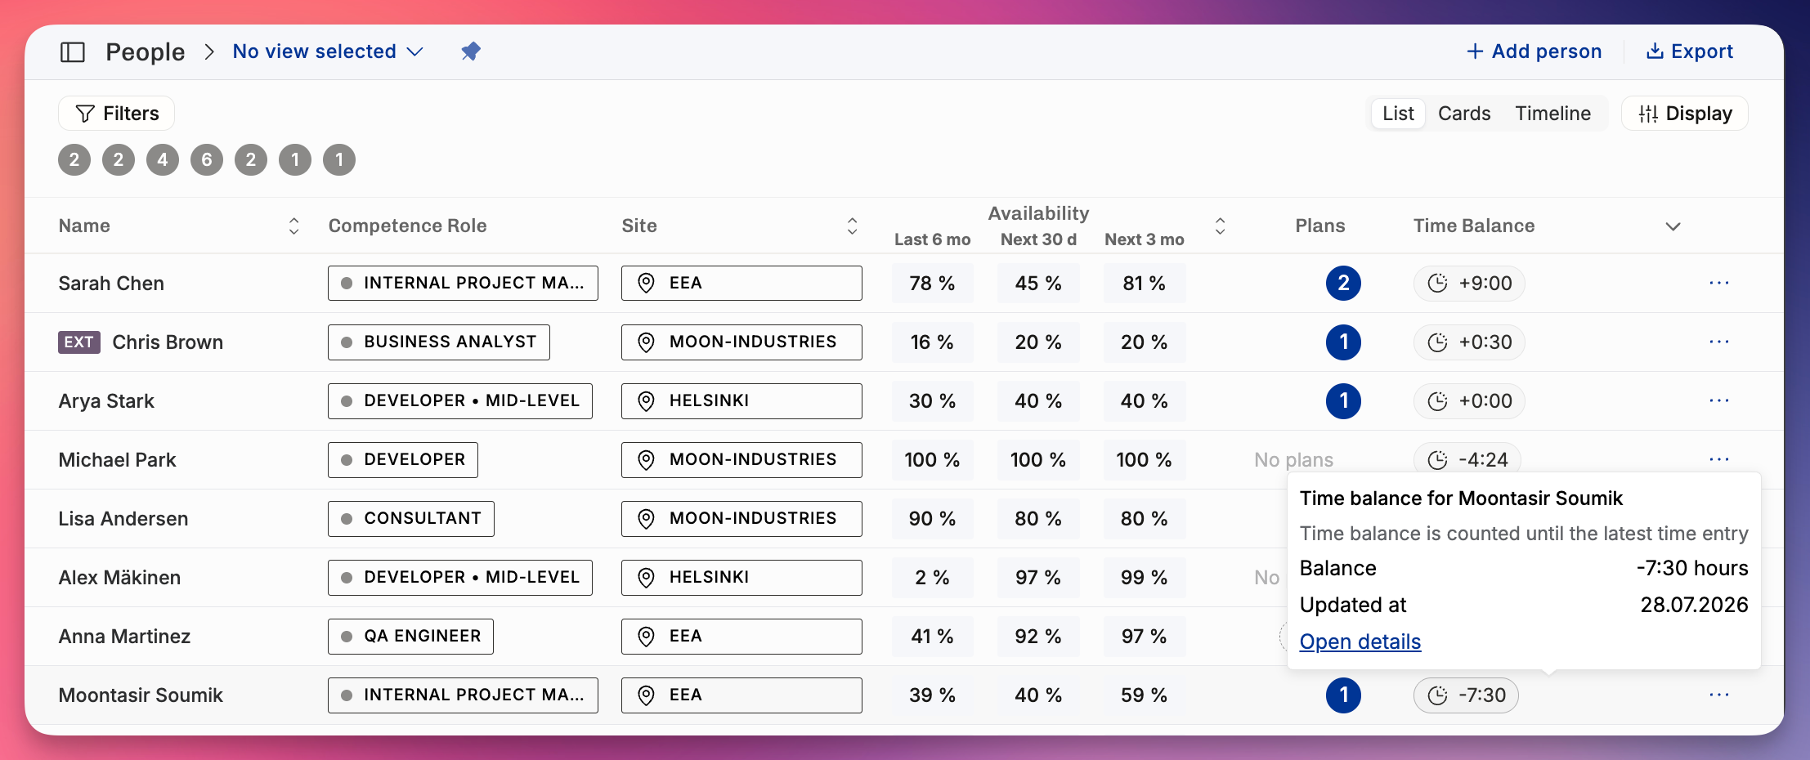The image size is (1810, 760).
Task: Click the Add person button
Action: [x=1534, y=51]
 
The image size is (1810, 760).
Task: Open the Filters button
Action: [x=117, y=114]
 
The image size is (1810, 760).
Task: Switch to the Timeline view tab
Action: [x=1552, y=114]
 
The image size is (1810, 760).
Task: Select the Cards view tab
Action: [x=1464, y=114]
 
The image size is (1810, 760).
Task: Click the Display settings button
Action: [x=1685, y=114]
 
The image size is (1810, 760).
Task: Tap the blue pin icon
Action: [x=471, y=51]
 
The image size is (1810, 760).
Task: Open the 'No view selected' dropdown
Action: [x=328, y=51]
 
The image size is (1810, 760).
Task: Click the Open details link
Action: [x=1360, y=642]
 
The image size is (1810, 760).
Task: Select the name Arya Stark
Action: [x=106, y=401]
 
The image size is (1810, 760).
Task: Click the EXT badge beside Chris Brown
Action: [x=79, y=342]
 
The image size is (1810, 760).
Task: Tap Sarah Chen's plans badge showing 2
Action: [x=1343, y=284]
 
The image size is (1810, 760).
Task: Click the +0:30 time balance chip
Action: [x=1469, y=342]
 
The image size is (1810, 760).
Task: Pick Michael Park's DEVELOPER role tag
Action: [x=403, y=460]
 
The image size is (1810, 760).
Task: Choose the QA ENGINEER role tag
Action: [x=410, y=637]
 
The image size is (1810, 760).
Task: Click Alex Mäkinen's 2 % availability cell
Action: [x=932, y=578]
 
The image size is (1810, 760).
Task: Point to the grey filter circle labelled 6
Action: [x=207, y=159]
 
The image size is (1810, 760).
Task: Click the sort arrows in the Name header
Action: [x=294, y=226]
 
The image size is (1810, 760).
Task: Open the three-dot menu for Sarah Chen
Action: [x=1719, y=283]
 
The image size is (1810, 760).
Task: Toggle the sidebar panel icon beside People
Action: [x=73, y=52]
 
